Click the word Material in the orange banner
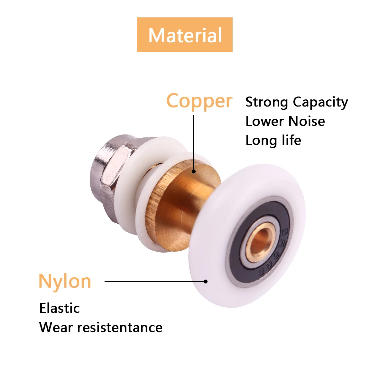(x=185, y=35)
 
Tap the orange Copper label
(x=199, y=101)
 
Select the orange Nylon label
(x=65, y=282)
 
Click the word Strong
(x=267, y=102)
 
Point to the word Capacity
(x=320, y=102)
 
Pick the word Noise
(x=307, y=121)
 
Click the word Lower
(x=264, y=121)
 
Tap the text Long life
(x=273, y=140)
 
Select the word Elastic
(x=60, y=308)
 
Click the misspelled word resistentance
(x=120, y=328)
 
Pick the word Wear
(x=56, y=328)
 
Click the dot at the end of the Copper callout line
(x=194, y=171)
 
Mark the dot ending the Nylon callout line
(x=206, y=282)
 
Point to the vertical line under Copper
(x=194, y=143)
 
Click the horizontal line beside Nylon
(x=154, y=282)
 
